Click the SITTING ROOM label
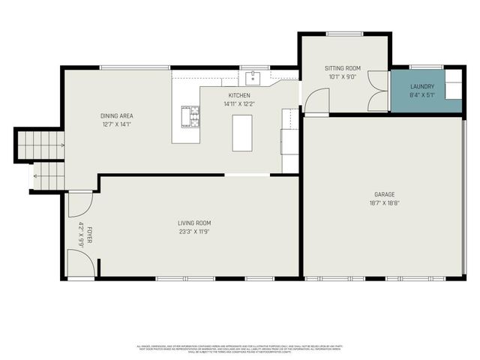point(342,68)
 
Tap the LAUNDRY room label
point(421,87)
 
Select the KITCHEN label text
point(239,96)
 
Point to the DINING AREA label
point(116,115)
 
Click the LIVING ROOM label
point(193,223)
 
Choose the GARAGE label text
point(383,194)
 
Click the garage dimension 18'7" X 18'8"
point(383,202)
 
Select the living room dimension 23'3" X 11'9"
point(193,231)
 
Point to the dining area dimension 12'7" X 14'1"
point(116,124)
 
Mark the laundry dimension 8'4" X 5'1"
point(421,95)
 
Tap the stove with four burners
point(190,116)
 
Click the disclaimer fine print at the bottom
point(239,348)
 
